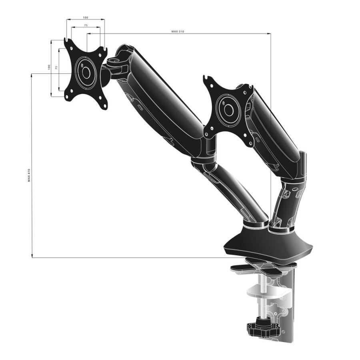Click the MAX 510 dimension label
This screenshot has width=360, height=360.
[x=178, y=31]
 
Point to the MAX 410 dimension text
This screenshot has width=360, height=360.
[x=29, y=175]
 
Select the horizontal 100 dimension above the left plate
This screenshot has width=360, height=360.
[x=86, y=17]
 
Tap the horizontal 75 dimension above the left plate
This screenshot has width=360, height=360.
[x=86, y=25]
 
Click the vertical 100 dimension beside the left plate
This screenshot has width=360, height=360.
[x=49, y=67]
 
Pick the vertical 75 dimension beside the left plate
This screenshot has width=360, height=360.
[x=56, y=68]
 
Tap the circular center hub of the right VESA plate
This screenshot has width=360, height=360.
[x=228, y=109]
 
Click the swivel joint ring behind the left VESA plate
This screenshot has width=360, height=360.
[x=106, y=76]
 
